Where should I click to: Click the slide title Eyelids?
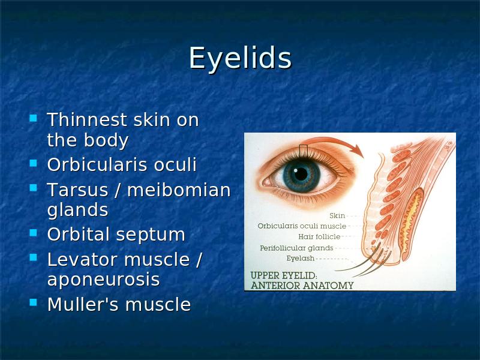pyautogui.click(x=241, y=58)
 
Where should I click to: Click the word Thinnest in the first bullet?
pyautogui.click(x=87, y=119)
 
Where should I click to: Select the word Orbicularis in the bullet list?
pyautogui.click(x=98, y=164)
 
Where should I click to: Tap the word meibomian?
pyautogui.click(x=179, y=190)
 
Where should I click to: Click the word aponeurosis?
pyautogui.click(x=103, y=280)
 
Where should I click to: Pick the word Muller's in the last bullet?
pyautogui.click(x=83, y=304)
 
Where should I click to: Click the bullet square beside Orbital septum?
pyautogui.click(x=34, y=233)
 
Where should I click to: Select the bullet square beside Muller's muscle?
pyautogui.click(x=34, y=302)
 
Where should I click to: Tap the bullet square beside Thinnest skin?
pyautogui.click(x=34, y=118)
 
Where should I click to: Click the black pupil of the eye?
pyautogui.click(x=301, y=174)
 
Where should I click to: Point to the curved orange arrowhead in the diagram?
pyautogui.click(x=357, y=149)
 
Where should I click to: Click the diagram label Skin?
pyautogui.click(x=337, y=216)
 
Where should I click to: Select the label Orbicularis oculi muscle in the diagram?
pyautogui.click(x=302, y=226)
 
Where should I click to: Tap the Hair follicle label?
pyautogui.click(x=319, y=236)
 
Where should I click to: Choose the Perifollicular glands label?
pyautogui.click(x=296, y=248)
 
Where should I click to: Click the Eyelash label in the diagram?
pyautogui.click(x=301, y=259)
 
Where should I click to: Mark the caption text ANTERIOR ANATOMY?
pyautogui.click(x=302, y=286)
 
